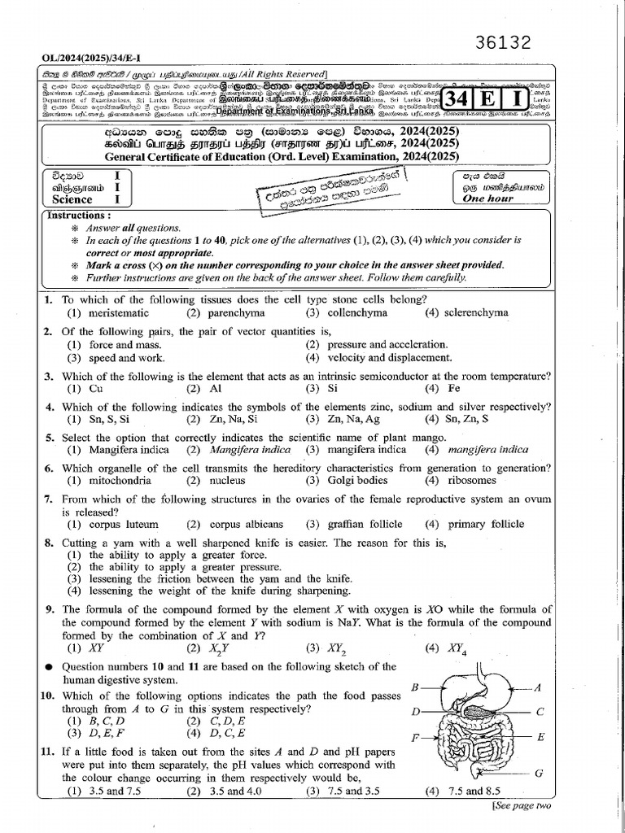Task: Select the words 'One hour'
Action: pos(488,198)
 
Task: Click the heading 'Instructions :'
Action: pos(79,216)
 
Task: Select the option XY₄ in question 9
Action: pos(456,648)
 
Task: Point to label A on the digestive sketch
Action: pos(537,687)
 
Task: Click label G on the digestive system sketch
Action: pos(538,773)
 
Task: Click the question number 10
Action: pos(48,695)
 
